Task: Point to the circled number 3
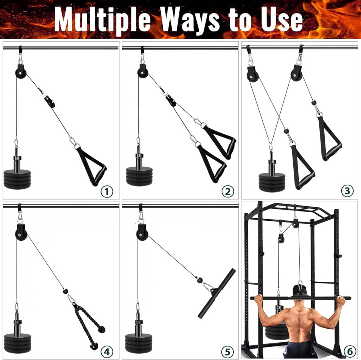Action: tap(347, 191)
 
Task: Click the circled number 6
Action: tap(348, 351)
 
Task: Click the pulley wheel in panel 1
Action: tap(20, 73)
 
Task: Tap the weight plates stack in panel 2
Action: tap(140, 176)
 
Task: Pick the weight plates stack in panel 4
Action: tap(17, 342)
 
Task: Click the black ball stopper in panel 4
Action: tap(65, 291)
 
